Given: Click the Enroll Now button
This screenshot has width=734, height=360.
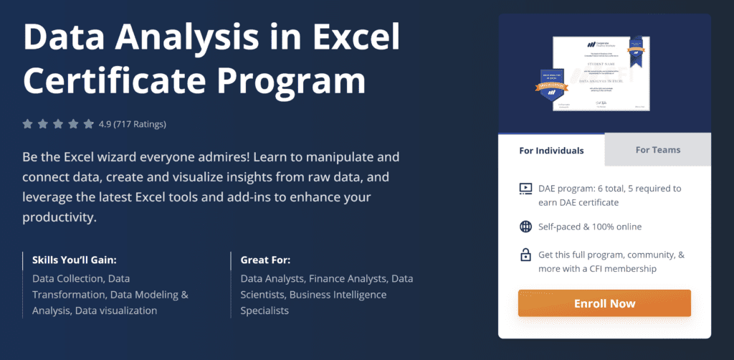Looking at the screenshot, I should click(x=604, y=303).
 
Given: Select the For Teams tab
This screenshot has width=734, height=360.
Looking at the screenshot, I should click(x=657, y=150).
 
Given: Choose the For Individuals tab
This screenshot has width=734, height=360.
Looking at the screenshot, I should click(x=551, y=151).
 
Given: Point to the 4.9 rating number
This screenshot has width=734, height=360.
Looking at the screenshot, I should click(x=105, y=124).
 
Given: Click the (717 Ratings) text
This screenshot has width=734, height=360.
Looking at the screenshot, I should click(x=140, y=124).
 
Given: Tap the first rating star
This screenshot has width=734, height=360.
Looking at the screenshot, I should click(x=28, y=124).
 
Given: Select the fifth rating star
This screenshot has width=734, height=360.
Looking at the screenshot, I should click(x=89, y=124).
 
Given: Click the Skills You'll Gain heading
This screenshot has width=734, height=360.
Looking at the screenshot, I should click(x=75, y=260).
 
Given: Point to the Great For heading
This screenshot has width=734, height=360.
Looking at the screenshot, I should click(x=265, y=260).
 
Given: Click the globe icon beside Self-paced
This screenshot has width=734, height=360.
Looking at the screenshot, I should click(x=525, y=227).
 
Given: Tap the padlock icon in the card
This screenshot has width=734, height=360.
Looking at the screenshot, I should click(x=525, y=255).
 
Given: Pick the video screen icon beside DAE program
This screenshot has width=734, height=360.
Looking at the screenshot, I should click(x=525, y=189).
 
